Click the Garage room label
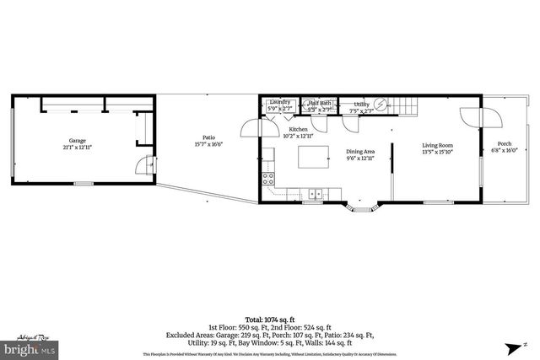click(78, 144)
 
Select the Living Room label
click(438, 149)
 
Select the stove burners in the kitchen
click(268, 178)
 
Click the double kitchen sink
click(313, 191)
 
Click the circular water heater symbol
click(381, 104)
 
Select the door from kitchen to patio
click(250, 128)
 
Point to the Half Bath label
click(319, 105)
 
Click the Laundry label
click(279, 105)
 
